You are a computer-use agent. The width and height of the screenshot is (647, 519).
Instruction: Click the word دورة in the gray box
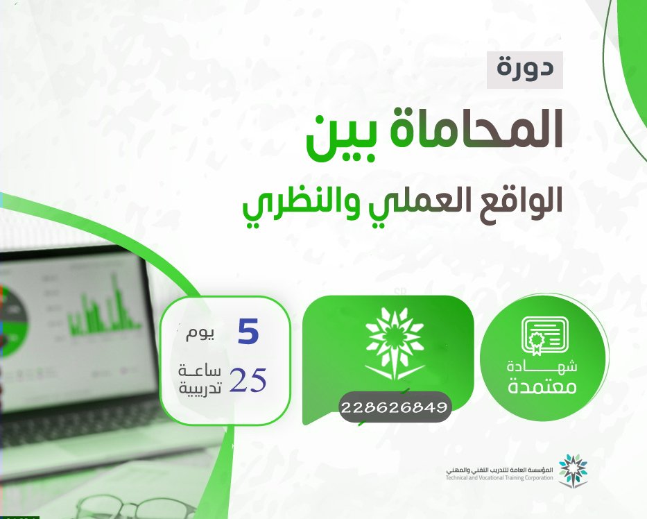(x=525, y=69)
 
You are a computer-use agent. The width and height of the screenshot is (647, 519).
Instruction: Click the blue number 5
(x=248, y=333)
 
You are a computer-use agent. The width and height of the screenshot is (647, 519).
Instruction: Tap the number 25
(x=248, y=380)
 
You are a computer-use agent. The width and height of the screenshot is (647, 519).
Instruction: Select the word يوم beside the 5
(x=200, y=334)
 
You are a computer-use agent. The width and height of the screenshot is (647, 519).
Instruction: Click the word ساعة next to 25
(x=200, y=371)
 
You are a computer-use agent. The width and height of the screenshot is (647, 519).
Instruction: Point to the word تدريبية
(x=200, y=388)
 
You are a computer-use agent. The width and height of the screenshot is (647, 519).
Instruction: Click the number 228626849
(x=395, y=407)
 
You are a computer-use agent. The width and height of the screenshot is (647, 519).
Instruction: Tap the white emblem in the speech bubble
(x=395, y=344)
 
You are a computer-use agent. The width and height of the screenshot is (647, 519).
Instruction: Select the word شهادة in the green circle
(x=542, y=366)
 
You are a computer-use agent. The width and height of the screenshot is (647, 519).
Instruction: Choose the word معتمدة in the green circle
(x=542, y=387)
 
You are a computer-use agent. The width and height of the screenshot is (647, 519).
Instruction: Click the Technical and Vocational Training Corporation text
(x=499, y=478)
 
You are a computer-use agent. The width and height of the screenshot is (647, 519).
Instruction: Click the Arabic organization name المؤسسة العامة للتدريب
(x=499, y=470)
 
